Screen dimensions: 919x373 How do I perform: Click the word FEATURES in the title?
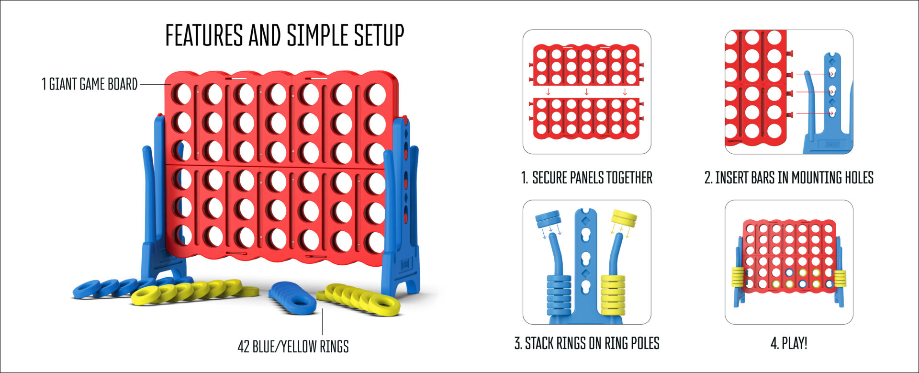(x=204, y=35)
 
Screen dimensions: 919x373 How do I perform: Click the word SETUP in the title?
(x=379, y=35)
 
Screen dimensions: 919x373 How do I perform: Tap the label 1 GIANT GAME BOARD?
(x=90, y=84)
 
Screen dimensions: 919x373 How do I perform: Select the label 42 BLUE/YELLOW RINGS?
(x=293, y=346)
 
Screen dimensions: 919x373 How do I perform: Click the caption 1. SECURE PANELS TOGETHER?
(x=586, y=178)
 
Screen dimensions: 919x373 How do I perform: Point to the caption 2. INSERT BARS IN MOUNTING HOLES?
(x=789, y=178)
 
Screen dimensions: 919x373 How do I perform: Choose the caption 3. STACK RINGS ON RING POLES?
(x=587, y=343)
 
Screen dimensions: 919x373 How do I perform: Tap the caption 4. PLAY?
(x=789, y=343)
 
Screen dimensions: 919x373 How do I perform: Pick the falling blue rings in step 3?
(x=549, y=219)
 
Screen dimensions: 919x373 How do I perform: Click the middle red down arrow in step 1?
(x=586, y=91)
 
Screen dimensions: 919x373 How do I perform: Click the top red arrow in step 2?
(x=815, y=74)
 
